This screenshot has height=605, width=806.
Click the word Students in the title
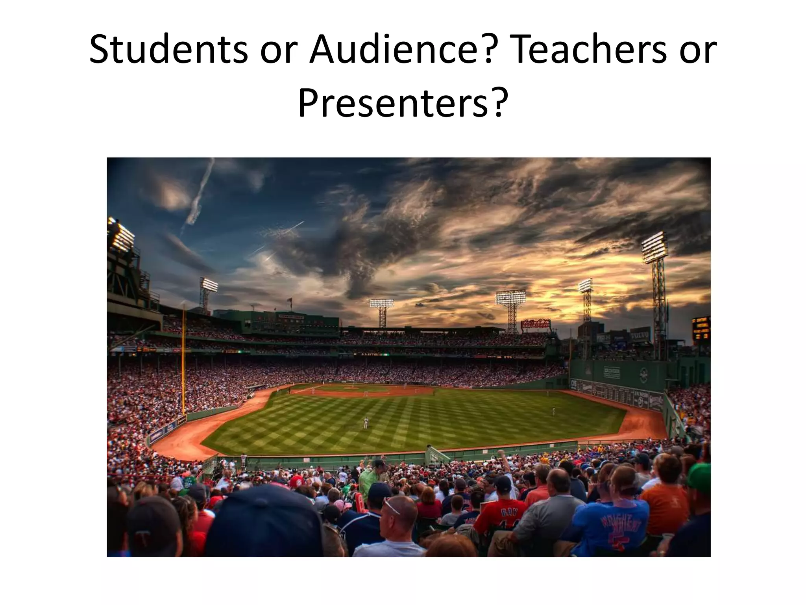[168, 50]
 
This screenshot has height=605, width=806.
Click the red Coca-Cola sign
[535, 324]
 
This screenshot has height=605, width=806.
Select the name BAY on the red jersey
[508, 512]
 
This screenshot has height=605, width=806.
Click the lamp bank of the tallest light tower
[654, 247]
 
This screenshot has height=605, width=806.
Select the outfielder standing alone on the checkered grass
[366, 423]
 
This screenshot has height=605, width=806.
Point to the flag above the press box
[291, 301]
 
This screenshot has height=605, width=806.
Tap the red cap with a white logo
[296, 481]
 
